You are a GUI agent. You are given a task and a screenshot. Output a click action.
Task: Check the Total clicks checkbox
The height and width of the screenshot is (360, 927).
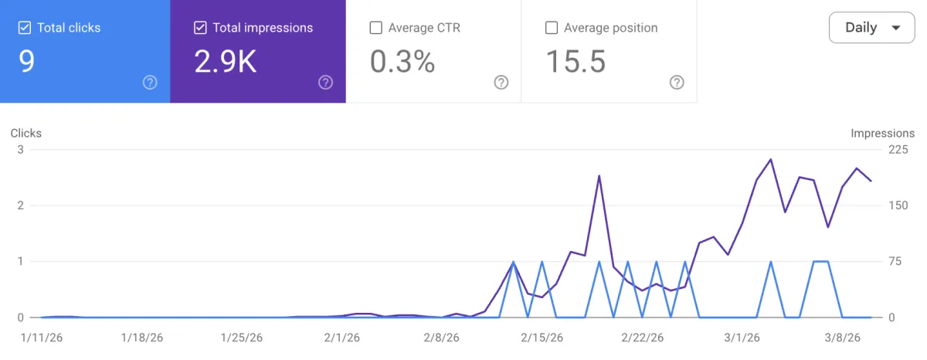click(x=25, y=28)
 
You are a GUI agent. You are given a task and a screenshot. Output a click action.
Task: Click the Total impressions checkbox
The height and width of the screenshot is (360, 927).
click(x=200, y=28)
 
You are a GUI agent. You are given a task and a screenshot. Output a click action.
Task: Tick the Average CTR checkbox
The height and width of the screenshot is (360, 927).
click(x=376, y=28)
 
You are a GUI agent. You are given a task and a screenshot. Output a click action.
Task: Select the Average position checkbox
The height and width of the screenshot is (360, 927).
click(x=552, y=28)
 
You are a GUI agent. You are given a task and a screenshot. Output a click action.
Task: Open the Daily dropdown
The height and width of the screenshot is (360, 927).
click(x=871, y=28)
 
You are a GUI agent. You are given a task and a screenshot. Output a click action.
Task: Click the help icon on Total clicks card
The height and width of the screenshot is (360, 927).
click(x=150, y=83)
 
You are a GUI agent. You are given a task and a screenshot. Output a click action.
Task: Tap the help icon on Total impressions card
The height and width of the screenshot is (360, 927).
click(x=325, y=83)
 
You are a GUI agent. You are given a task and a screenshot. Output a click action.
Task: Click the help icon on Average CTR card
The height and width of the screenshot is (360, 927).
click(x=501, y=83)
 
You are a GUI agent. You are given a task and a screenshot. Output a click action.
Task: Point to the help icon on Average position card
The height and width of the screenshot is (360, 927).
click(x=677, y=83)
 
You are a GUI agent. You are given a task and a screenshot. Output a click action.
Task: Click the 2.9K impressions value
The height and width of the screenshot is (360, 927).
click(x=226, y=62)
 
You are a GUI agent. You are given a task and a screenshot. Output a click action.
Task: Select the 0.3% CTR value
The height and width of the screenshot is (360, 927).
click(x=402, y=62)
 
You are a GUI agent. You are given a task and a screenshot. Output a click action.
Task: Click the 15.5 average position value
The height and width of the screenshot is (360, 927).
click(x=576, y=62)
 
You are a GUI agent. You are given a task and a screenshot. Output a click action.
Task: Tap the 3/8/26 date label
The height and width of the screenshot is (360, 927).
click(x=840, y=338)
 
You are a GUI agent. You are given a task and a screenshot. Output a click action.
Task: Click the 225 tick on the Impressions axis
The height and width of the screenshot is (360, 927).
click(x=898, y=150)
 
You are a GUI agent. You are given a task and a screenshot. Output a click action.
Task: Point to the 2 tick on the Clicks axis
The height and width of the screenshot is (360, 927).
click(x=21, y=205)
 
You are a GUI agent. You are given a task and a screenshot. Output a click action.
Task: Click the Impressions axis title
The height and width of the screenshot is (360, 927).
click(x=882, y=133)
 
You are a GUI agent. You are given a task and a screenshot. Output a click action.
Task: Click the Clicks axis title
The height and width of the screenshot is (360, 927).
click(x=26, y=133)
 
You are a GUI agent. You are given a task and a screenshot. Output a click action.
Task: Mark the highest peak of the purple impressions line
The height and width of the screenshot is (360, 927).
click(x=770, y=159)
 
